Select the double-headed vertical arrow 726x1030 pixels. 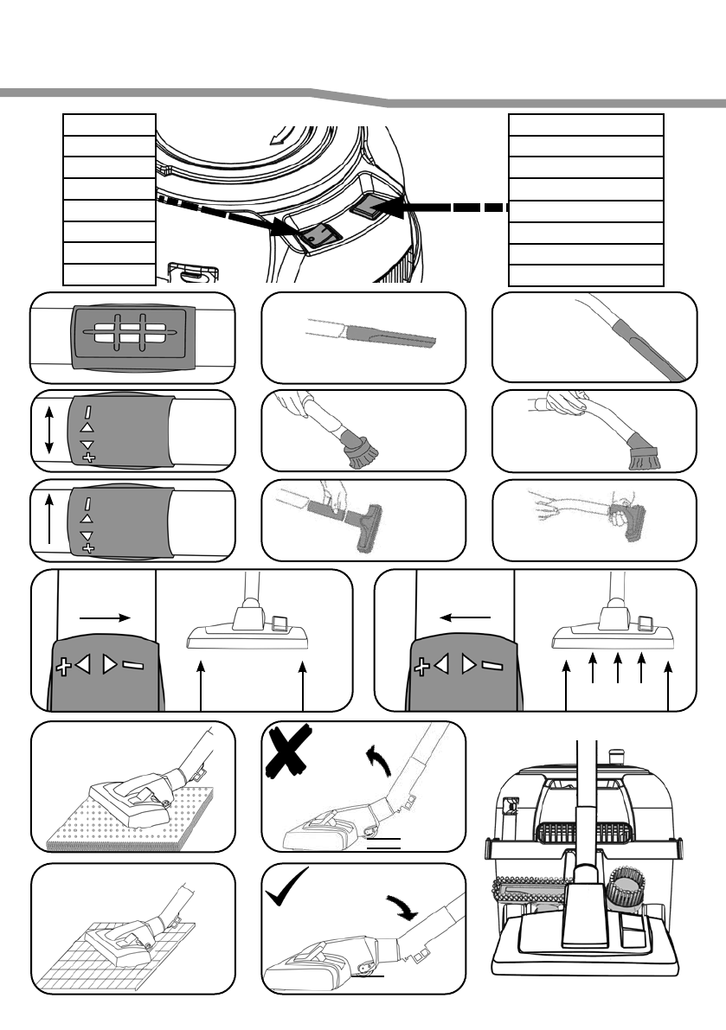(x=48, y=430)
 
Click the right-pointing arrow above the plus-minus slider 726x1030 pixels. (x=105, y=617)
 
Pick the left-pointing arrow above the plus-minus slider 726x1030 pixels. (x=465, y=617)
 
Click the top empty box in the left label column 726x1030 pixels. (x=109, y=124)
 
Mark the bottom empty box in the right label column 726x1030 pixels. (x=586, y=275)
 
